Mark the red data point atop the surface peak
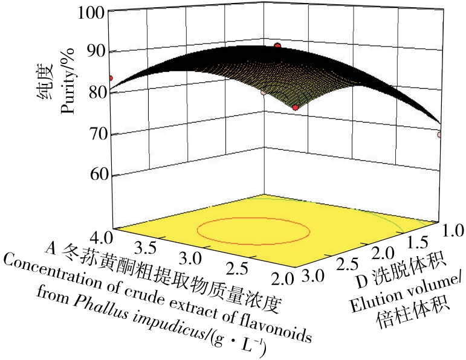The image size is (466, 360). tap(277, 46)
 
